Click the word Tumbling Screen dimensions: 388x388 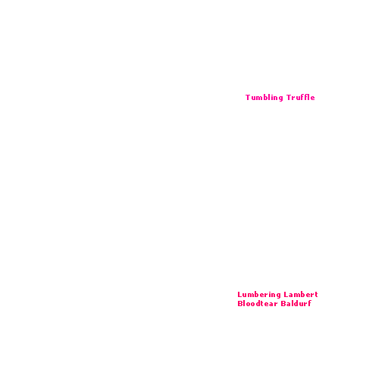pos(264,98)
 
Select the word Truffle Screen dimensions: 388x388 pos(301,97)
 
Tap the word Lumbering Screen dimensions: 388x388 pos(259,295)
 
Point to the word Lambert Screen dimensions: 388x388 pos(301,294)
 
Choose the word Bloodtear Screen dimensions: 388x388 pos(258,303)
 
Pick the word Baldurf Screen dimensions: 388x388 pos(296,303)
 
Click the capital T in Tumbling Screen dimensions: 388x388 pos(248,97)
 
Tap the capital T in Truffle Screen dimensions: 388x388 pos(289,97)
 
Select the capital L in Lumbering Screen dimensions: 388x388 pos(239,295)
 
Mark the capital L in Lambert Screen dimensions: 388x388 pos(286,295)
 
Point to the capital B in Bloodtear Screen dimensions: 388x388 pos(240,303)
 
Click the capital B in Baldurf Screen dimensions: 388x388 pos(283,303)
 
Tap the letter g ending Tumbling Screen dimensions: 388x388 pos(280,99)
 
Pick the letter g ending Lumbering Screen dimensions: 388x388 pos(278,296)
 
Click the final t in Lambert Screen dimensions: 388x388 pos(316,295)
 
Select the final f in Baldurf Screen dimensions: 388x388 pos(309,303)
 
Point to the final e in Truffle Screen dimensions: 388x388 pos(312,99)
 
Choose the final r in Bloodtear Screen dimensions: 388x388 pos(275,304)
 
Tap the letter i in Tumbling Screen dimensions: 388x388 pos(271,97)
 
